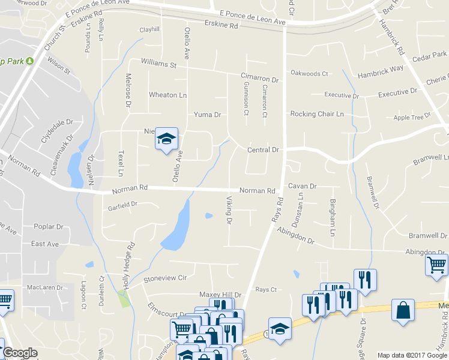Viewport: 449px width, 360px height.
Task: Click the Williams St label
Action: coord(158,64)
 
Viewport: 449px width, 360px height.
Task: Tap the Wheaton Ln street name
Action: coord(167,95)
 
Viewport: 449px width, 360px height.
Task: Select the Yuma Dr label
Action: coord(207,115)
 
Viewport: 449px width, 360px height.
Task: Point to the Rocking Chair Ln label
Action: coord(317,114)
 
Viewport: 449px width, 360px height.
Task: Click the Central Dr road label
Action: coord(264,149)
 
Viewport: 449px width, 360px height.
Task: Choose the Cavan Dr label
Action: coord(302,187)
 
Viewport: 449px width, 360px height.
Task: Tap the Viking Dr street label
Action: coord(229,211)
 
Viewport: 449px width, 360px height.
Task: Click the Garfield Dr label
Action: coord(122,204)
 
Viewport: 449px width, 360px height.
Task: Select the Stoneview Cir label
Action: coord(165,278)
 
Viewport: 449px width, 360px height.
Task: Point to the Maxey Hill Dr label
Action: coord(220,295)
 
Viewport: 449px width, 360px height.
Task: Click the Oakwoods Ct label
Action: coord(309,74)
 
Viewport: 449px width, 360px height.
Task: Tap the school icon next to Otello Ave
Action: coord(167,139)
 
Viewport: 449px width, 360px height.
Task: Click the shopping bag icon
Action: coord(403,311)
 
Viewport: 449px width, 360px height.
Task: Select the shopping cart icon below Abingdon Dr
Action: coord(436,264)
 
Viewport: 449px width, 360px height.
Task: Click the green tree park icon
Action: coord(29,60)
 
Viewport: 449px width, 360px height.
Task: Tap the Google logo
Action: coord(20,353)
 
